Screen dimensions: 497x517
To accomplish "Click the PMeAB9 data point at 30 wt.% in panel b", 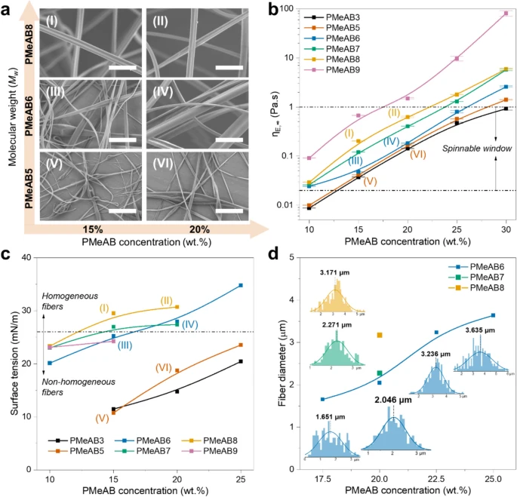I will pos(505,14).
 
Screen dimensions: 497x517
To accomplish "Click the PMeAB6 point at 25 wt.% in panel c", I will pos(241,285).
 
